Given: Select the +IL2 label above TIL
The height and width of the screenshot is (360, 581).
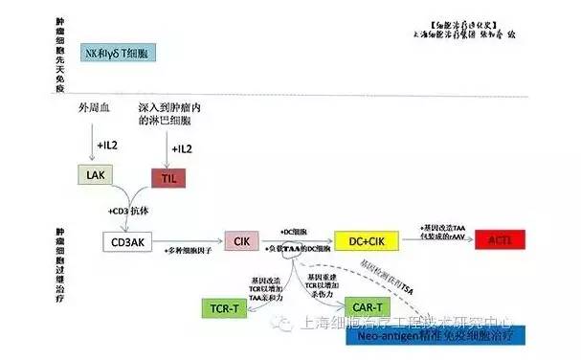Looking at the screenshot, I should (x=181, y=149).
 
